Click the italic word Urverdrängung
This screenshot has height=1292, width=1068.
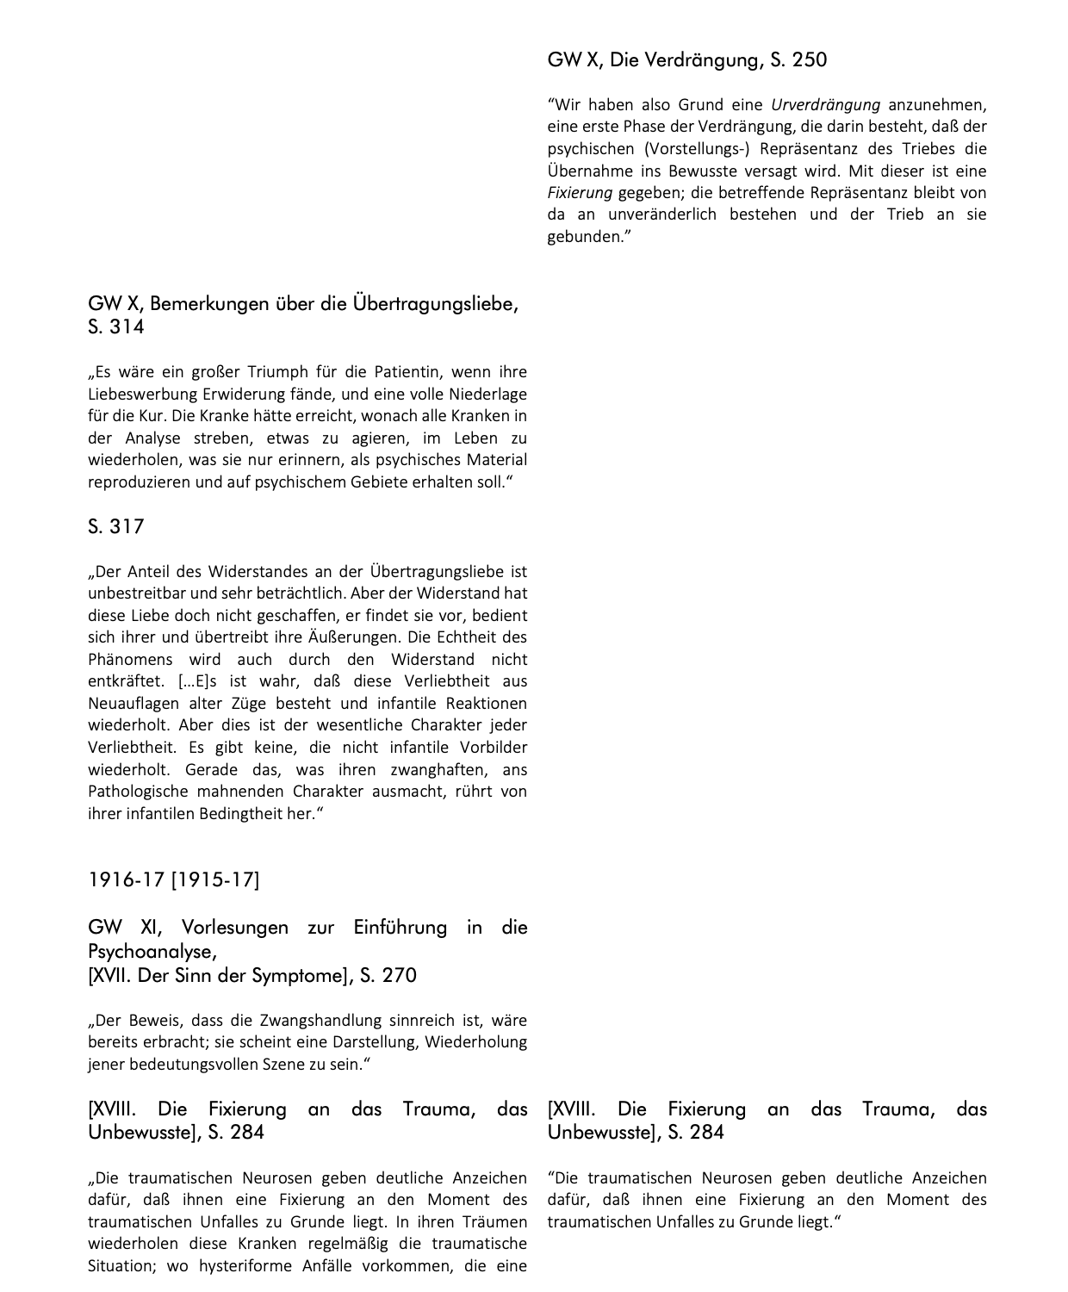(x=825, y=105)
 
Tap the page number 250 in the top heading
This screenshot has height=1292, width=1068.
(x=809, y=59)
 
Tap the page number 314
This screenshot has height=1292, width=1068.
(x=127, y=326)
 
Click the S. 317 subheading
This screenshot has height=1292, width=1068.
(x=115, y=526)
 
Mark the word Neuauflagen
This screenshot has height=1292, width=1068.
(x=130, y=703)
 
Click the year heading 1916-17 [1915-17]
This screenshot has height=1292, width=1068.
(x=173, y=879)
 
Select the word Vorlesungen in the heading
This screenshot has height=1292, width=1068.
(x=235, y=928)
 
